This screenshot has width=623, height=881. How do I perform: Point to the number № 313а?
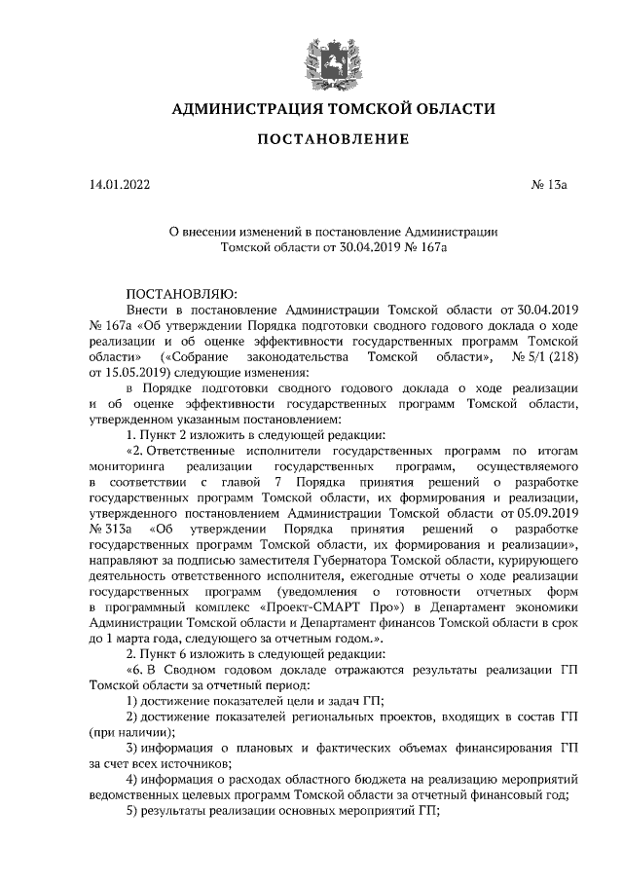click(109, 528)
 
